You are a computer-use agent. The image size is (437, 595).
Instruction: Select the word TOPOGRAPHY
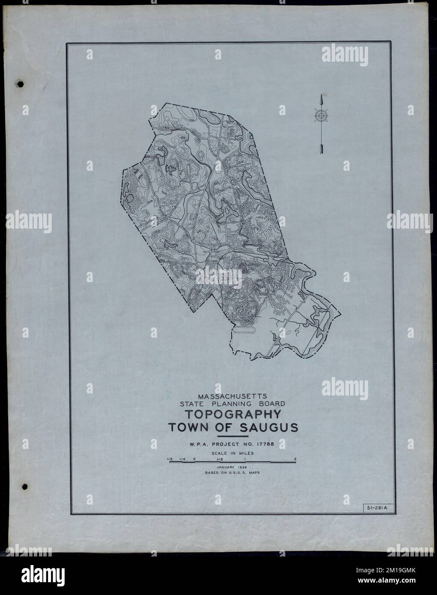233,414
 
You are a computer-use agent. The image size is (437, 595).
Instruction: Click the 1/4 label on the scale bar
182,459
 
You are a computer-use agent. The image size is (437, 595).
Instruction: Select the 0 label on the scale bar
194,459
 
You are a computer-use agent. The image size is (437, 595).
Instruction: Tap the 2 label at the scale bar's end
295,459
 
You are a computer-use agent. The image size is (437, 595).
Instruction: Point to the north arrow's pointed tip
320,96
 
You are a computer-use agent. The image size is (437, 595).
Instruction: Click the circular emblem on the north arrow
320,116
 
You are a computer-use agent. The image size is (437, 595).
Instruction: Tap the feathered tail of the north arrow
320,149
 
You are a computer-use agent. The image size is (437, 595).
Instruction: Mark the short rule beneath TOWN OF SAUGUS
233,436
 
